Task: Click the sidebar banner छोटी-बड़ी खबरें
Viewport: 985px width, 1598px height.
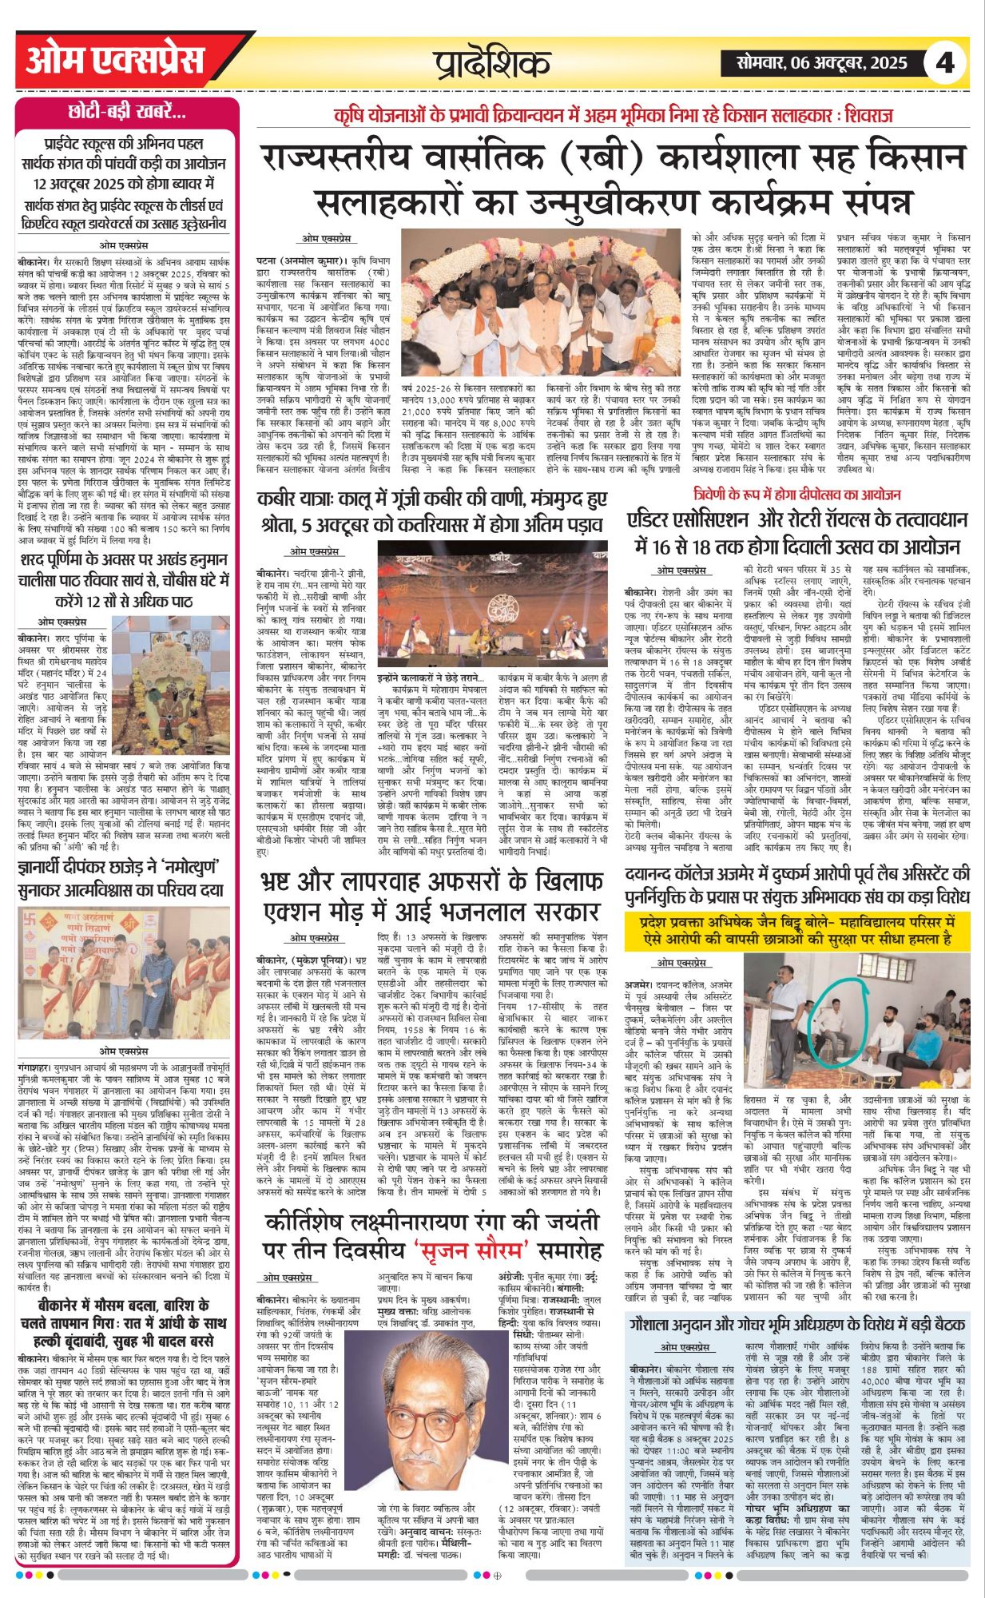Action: point(127,112)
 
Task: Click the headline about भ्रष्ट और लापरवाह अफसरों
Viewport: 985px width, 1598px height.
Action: point(431,897)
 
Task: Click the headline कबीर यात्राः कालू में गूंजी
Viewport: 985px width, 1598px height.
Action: point(431,512)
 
